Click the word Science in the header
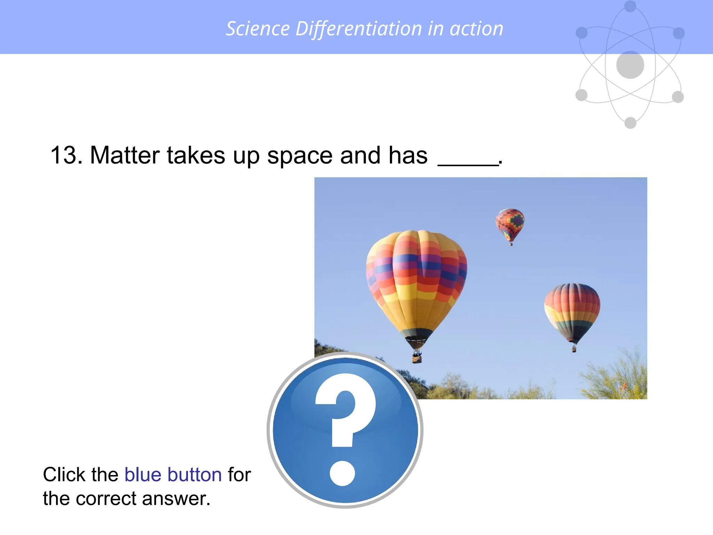(x=258, y=29)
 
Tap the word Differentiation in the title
(x=359, y=29)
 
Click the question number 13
(x=66, y=155)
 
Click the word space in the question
(x=300, y=156)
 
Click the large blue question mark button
(x=345, y=430)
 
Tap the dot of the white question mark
(x=342, y=473)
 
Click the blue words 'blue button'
(x=173, y=474)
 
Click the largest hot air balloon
(x=416, y=282)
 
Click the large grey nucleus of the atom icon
(x=630, y=65)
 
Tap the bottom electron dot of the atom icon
(x=630, y=123)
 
